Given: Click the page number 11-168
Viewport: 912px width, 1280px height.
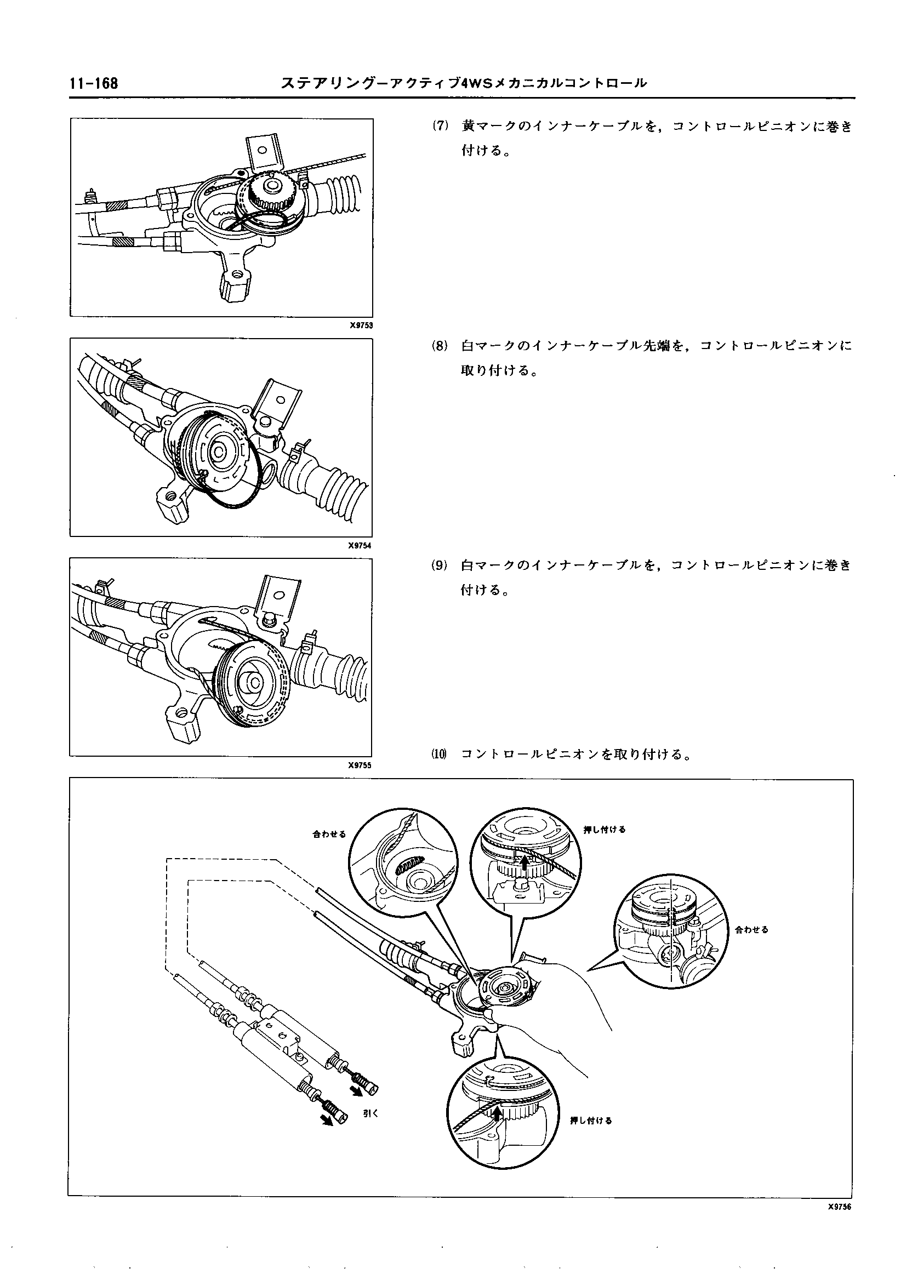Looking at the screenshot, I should (x=94, y=84).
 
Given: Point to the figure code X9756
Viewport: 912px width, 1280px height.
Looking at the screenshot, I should (x=839, y=1225).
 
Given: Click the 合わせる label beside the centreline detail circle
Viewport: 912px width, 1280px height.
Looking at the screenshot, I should (x=751, y=930).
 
